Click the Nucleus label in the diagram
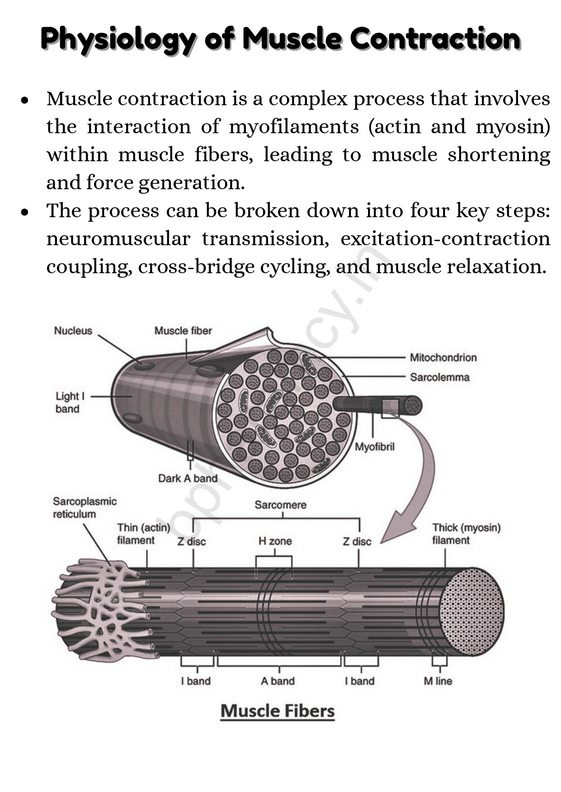tap(73, 331)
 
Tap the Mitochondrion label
tap(443, 358)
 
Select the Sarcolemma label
tap(439, 377)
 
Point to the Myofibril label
tap(374, 447)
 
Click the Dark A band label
tap(188, 478)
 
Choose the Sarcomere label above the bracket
tap(280, 504)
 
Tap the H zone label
tap(275, 541)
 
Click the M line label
tap(438, 681)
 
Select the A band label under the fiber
tap(278, 681)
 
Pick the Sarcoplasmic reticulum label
tap(85, 508)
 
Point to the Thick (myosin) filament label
tap(466, 534)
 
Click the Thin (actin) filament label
tap(143, 534)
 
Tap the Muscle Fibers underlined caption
tap(278, 711)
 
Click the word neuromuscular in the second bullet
tap(118, 238)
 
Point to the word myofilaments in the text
tap(294, 126)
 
